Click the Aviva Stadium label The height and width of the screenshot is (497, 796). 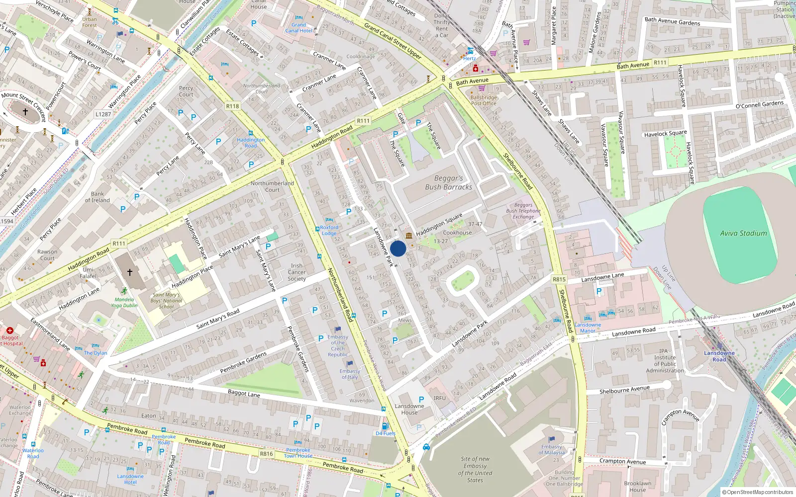743,233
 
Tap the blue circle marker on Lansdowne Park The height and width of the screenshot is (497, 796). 398,248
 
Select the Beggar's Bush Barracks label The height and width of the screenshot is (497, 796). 448,182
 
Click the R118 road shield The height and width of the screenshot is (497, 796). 232,106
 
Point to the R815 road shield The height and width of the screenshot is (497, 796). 559,279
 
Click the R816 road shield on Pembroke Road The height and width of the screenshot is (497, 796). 266,454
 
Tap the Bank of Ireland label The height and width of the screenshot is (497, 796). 97,197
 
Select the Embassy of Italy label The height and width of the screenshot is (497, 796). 350,374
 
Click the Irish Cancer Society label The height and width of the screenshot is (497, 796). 297,272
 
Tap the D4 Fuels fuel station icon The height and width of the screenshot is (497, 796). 385,426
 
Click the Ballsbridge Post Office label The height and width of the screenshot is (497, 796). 484,100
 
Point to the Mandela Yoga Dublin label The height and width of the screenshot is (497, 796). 124,302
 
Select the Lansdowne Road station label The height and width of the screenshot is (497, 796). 719,356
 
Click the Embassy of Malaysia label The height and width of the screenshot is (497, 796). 552,449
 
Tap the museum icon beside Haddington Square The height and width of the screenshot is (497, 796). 409,235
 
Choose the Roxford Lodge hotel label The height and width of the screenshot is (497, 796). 329,230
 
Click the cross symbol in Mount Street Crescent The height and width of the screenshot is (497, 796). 25,112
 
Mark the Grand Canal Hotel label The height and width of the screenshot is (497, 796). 298,27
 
